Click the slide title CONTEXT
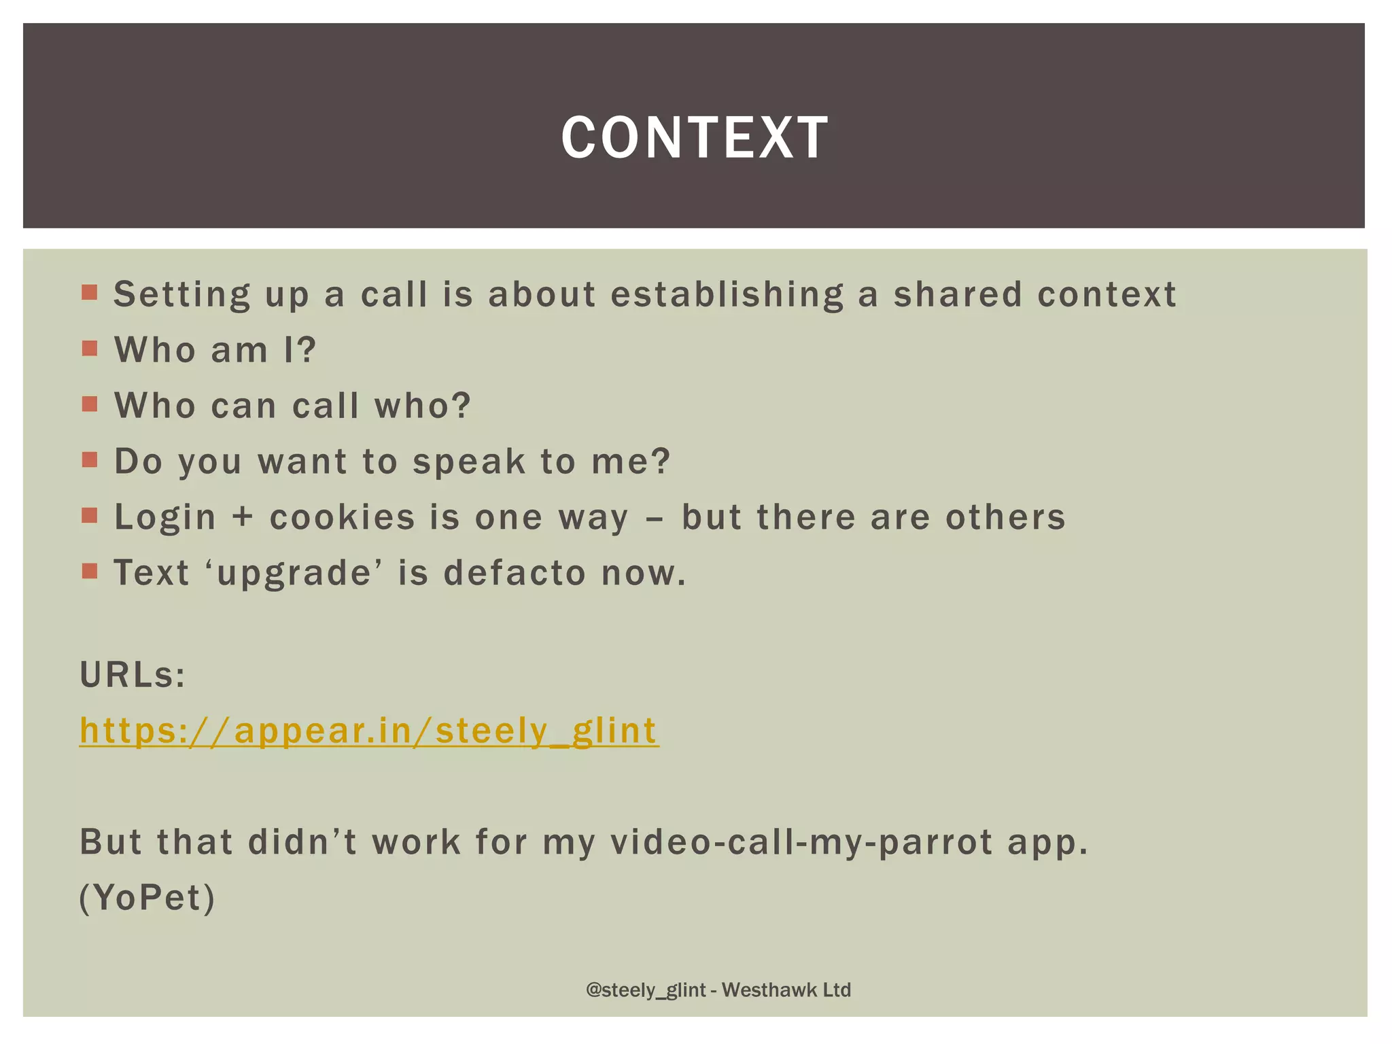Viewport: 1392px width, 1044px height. click(x=695, y=138)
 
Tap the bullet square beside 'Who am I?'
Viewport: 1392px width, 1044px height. click(x=90, y=349)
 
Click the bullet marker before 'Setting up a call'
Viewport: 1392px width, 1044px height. click(x=90, y=294)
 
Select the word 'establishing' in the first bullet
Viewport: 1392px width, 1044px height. click(x=727, y=295)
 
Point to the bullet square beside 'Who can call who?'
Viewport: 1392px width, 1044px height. click(x=90, y=405)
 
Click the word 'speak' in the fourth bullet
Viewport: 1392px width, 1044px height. click(x=469, y=462)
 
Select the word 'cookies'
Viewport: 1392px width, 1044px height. click(x=342, y=518)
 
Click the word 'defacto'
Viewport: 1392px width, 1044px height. click(x=515, y=574)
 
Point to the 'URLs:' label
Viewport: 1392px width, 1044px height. click(x=133, y=676)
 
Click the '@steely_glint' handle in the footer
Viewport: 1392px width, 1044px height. click(x=646, y=990)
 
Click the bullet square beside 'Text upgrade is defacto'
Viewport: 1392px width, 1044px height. click(x=90, y=571)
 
